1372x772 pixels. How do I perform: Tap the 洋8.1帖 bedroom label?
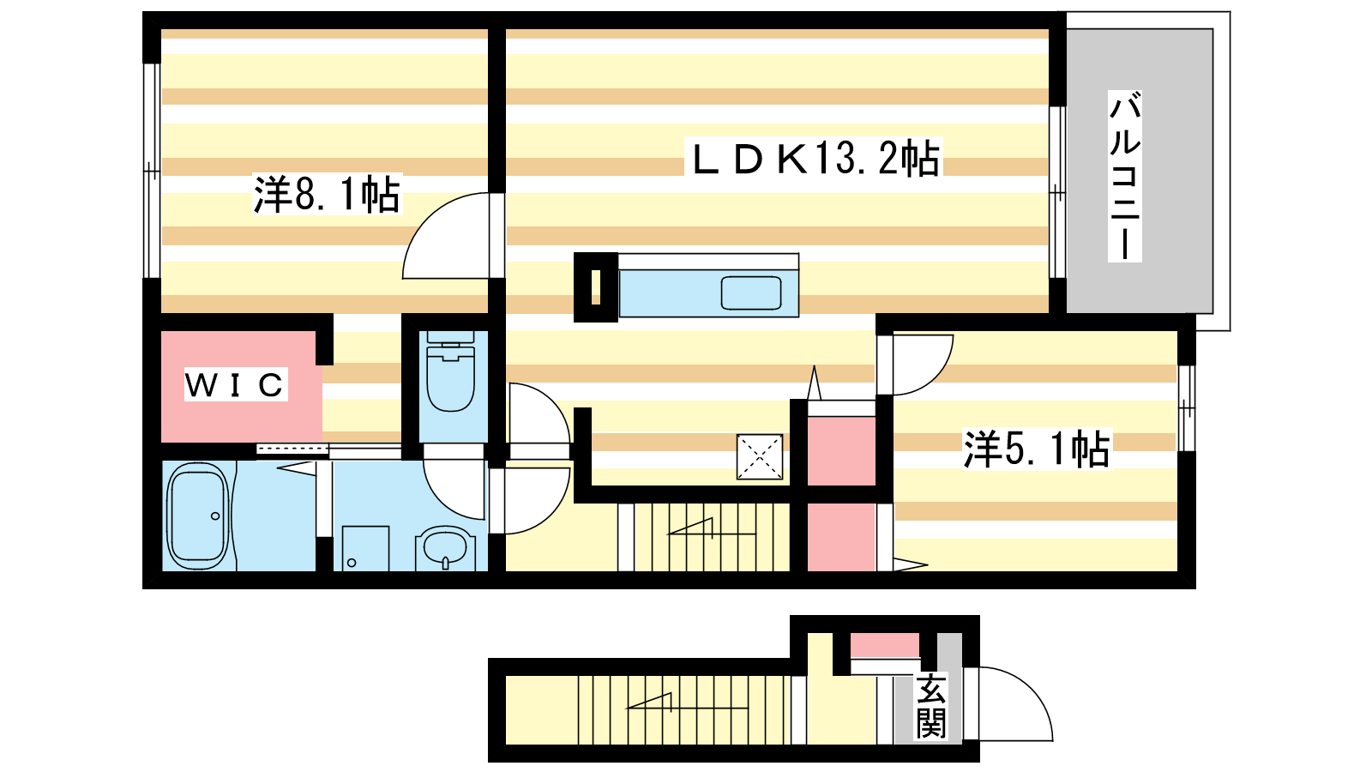pyautogui.click(x=327, y=194)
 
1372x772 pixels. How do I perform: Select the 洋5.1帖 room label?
pyautogui.click(x=1037, y=449)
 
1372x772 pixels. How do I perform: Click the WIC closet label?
pyautogui.click(x=235, y=384)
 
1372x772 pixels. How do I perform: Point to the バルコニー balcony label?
pyautogui.click(x=1124, y=176)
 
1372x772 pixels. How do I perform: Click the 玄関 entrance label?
pyautogui.click(x=931, y=707)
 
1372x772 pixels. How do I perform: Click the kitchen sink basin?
pyautogui.click(x=751, y=293)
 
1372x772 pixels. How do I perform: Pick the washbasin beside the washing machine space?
pyautogui.click(x=445, y=549)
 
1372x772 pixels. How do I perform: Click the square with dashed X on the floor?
pyautogui.click(x=760, y=456)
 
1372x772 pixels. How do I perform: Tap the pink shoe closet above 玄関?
pyautogui.click(x=884, y=645)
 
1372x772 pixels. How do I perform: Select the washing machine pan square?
pyautogui.click(x=365, y=548)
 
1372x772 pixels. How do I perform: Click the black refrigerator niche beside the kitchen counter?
pyautogui.click(x=595, y=287)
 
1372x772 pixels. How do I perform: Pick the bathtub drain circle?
pyautogui.click(x=215, y=516)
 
